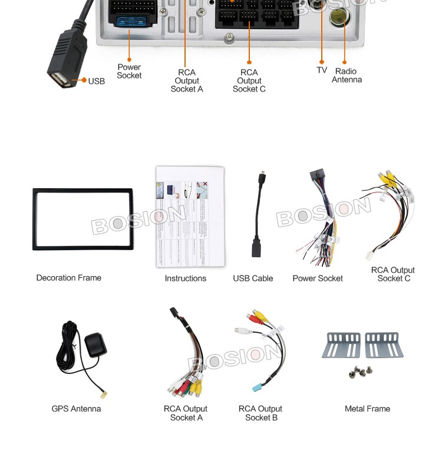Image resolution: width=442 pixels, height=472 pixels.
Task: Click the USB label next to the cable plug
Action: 97,81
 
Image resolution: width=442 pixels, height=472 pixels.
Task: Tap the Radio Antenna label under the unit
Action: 347,76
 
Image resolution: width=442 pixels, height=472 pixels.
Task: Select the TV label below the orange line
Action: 322,70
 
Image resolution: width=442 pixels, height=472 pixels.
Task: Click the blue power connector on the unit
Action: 130,22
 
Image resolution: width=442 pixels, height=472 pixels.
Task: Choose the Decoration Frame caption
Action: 69,278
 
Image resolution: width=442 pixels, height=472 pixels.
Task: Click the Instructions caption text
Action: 186,278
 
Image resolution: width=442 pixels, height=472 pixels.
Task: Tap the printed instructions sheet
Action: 190,217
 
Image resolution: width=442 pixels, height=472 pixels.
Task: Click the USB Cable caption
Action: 253,278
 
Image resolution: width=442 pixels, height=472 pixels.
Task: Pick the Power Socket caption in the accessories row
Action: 318,278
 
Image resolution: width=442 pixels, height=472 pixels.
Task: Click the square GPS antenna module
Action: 96,343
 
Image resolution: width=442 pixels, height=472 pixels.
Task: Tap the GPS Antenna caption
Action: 76,409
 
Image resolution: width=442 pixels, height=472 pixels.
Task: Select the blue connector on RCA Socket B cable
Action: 256,388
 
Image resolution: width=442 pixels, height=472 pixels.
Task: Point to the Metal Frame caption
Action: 367,409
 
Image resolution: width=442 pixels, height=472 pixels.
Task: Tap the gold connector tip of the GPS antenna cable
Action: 105,394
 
